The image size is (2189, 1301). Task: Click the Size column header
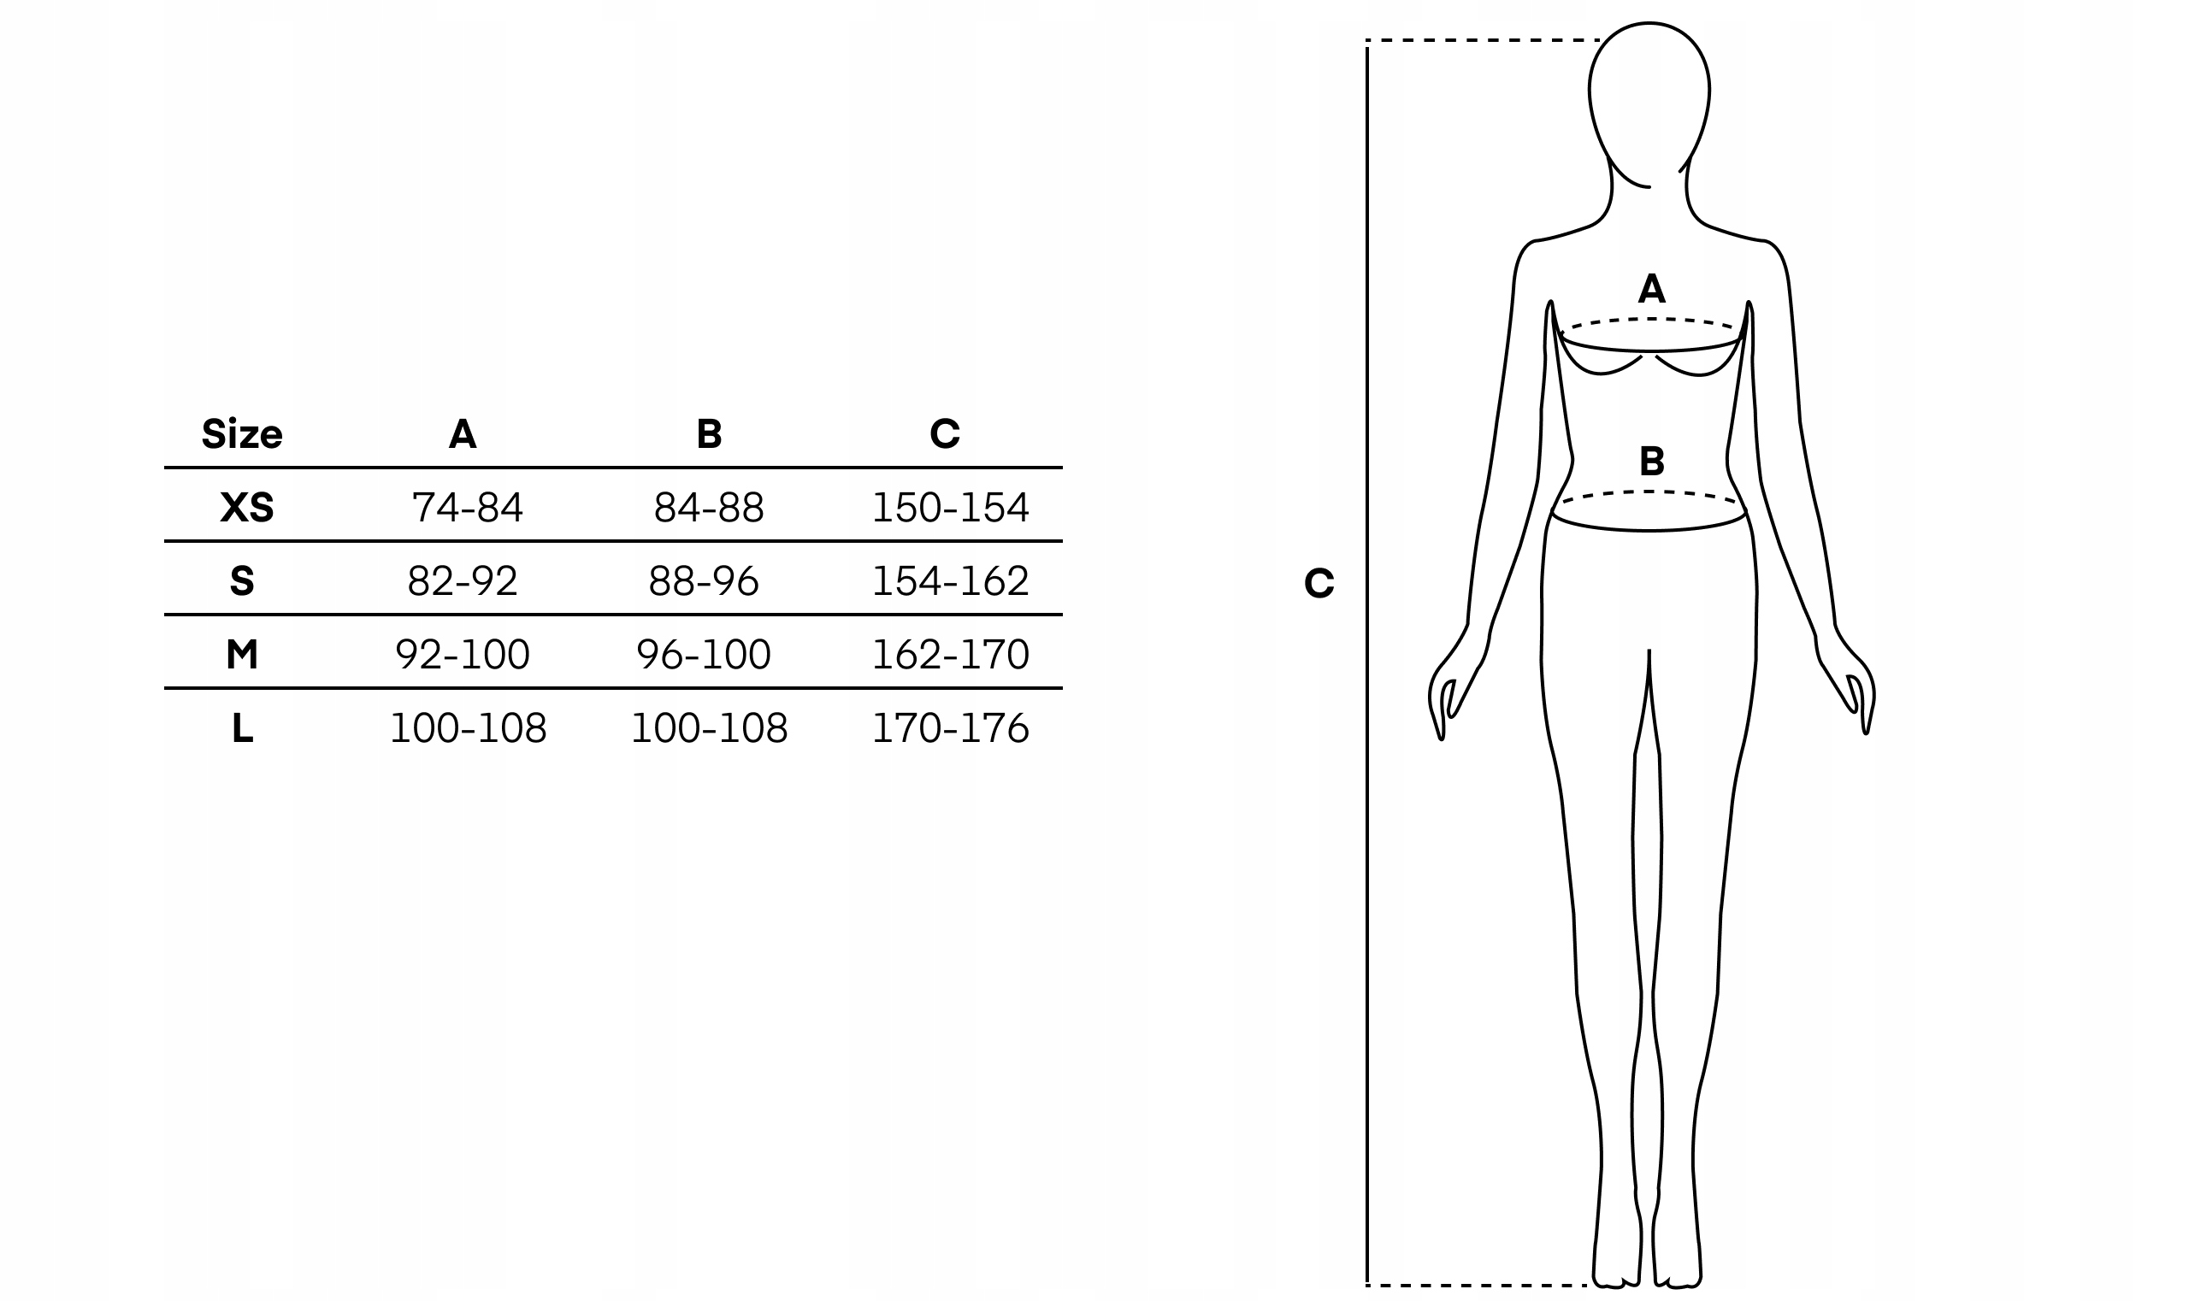(242, 434)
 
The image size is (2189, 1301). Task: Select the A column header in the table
(463, 434)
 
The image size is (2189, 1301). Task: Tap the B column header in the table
(709, 434)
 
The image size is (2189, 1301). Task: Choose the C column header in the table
(945, 434)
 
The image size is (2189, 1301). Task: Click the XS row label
(246, 508)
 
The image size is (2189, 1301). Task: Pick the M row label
(242, 654)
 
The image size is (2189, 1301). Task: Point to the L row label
(243, 727)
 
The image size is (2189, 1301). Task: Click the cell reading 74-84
(468, 508)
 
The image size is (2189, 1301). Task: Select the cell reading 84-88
(709, 508)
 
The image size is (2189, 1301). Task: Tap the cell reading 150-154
(950, 508)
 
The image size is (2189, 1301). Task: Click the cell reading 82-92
(463, 581)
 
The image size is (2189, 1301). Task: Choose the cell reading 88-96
(704, 581)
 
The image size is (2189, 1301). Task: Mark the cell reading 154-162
(950, 581)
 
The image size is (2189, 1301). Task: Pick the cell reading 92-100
(463, 654)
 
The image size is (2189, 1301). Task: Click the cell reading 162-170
(950, 654)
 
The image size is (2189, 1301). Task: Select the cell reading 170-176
(950, 727)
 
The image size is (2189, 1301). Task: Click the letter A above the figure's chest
(1651, 288)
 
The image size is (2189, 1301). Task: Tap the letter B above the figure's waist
(1651, 461)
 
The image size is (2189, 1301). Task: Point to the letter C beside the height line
(1319, 583)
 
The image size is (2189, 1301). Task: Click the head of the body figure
(1649, 97)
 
